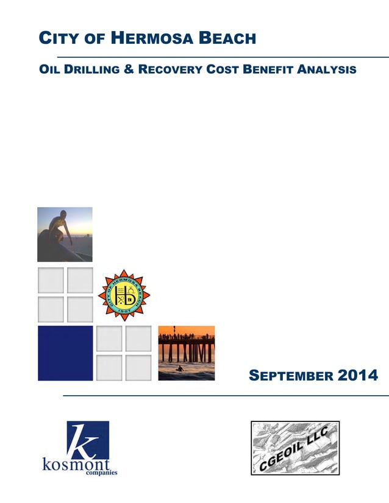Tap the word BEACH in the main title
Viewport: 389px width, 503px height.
(228, 39)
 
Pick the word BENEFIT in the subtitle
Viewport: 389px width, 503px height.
(269, 69)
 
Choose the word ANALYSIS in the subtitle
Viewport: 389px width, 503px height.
(327, 69)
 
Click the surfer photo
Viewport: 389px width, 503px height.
(65, 234)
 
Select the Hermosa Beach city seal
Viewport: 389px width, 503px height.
(124, 295)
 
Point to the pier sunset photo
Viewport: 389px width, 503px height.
(186, 353)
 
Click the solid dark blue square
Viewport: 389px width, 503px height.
(65, 353)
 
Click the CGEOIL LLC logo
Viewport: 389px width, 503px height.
(295, 448)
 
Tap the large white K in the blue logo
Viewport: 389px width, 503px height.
(83, 440)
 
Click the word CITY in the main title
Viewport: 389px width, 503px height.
(57, 39)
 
